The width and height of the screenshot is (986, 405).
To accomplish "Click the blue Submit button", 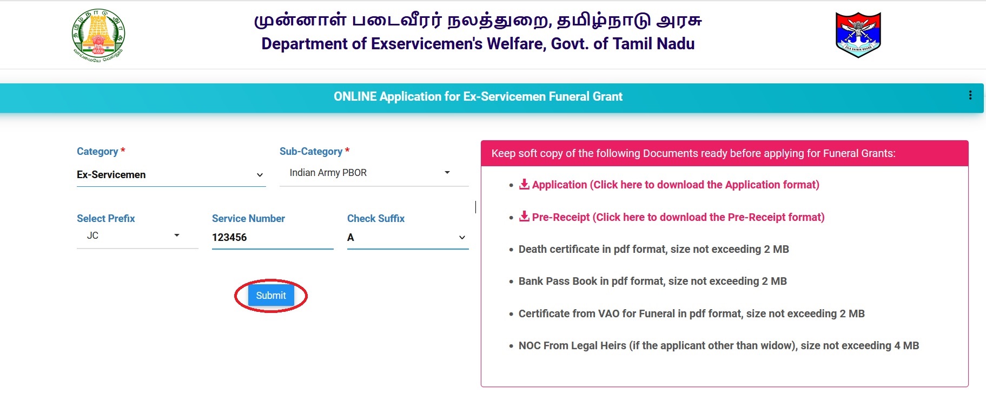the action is pos(271,296).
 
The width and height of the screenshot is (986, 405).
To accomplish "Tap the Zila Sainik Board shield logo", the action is pos(858,35).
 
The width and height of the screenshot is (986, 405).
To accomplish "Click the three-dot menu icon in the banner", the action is pos(970,95).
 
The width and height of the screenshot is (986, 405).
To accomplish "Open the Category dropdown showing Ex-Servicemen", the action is pos(171,175).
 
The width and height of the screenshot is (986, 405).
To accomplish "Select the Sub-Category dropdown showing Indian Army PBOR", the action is pos(374,173).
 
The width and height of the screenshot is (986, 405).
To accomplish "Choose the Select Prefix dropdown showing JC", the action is pos(137,236).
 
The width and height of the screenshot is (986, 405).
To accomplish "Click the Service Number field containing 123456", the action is pos(273,237).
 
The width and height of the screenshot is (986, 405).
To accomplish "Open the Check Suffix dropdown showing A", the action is pos(408,237).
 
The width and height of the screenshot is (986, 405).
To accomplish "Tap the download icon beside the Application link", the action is pos(524,184).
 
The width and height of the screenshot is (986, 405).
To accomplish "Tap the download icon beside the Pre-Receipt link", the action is pos(524,217).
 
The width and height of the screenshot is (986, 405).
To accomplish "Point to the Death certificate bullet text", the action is pos(654,249).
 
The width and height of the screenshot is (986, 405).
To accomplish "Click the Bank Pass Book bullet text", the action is pos(653,281).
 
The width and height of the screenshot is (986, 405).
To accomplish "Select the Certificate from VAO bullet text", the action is pos(692,313).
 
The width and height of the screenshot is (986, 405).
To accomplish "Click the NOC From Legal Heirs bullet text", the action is pos(719,345).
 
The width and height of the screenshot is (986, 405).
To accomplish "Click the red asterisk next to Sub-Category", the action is pos(347,150).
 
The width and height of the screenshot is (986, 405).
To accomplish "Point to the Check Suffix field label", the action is pos(376,218).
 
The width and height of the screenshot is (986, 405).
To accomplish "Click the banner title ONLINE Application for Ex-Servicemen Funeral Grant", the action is pos(478,96).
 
